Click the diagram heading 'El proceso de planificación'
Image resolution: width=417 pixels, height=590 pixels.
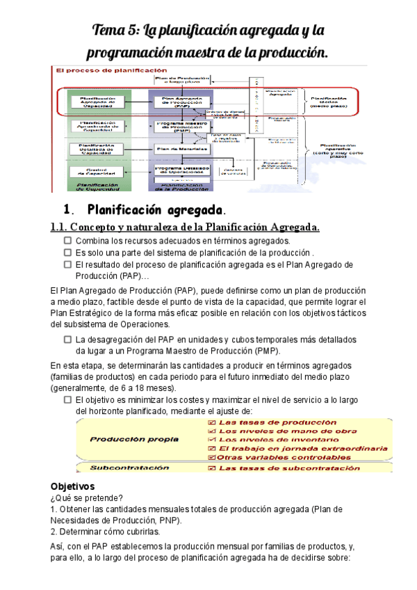(x=112, y=70)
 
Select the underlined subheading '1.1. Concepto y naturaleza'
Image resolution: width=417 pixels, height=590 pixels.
(x=185, y=227)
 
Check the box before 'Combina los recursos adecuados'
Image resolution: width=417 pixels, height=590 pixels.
(x=68, y=240)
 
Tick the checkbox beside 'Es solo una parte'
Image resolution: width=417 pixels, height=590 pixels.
(x=68, y=253)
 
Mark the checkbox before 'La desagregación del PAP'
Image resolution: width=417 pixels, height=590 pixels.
(x=68, y=340)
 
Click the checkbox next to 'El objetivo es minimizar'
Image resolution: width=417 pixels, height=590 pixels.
(x=68, y=400)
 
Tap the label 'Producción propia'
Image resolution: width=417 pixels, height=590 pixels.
(x=126, y=440)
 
